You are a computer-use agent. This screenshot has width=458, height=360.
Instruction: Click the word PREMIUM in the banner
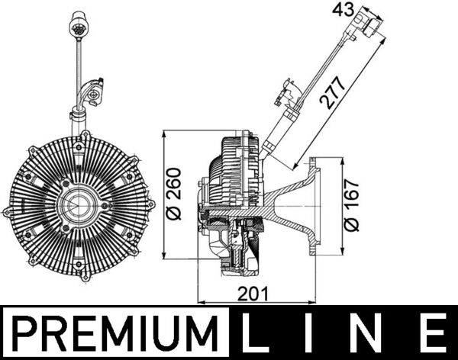[115, 334]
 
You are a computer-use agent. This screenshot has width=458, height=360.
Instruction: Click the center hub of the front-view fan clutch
[77, 207]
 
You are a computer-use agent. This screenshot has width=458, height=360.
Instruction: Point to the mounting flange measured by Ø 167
[321, 206]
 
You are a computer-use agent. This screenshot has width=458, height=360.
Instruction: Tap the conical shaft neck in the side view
[286, 206]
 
